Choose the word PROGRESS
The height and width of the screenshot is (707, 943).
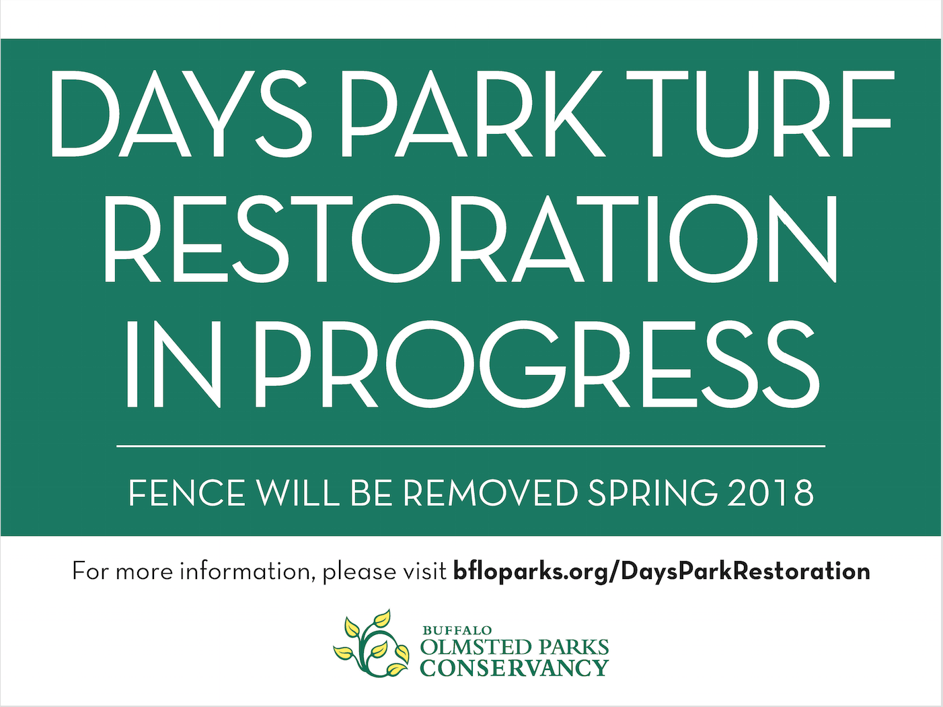coord(537,364)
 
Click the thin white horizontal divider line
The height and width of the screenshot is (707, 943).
coord(471,446)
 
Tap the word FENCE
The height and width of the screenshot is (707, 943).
coord(187,493)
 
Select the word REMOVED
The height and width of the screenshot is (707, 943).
coord(490,493)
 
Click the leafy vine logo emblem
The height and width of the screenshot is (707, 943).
coord(371,643)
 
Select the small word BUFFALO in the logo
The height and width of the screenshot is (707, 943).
coord(457,630)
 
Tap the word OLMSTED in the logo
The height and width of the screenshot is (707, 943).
coord(476,648)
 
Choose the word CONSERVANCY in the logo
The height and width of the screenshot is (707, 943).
coord(515,668)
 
